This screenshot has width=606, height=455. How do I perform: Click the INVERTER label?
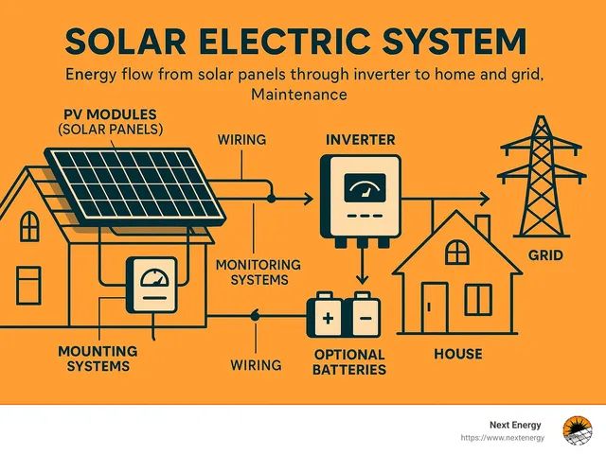pos(360,140)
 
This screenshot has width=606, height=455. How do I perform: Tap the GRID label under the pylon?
pos(545,255)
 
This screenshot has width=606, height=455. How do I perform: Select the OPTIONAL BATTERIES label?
pos(349,362)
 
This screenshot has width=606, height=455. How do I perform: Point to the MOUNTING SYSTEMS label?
pos(98,359)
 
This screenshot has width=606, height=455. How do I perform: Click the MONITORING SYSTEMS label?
pos(258,271)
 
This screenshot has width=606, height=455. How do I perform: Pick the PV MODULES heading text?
pos(110,114)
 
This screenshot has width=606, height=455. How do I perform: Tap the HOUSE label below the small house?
pos(458,354)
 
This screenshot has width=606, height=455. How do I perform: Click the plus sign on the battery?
pos(328,318)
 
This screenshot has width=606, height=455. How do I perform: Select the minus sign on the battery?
pos(365,318)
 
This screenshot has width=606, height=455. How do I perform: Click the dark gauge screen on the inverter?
pos(365,187)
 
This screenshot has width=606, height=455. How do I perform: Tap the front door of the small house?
pos(435,307)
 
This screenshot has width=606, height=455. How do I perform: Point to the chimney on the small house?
pos(482,225)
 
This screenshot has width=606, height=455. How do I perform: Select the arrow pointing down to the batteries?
pos(362,266)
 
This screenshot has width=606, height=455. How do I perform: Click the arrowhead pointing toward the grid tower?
pos(485,200)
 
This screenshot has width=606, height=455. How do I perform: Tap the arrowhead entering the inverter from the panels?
pos(309,200)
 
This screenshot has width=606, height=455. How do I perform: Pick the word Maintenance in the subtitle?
pos(299,95)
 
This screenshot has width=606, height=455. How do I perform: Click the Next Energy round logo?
pos(578,430)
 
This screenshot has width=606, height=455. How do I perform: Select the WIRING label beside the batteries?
pos(256,365)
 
